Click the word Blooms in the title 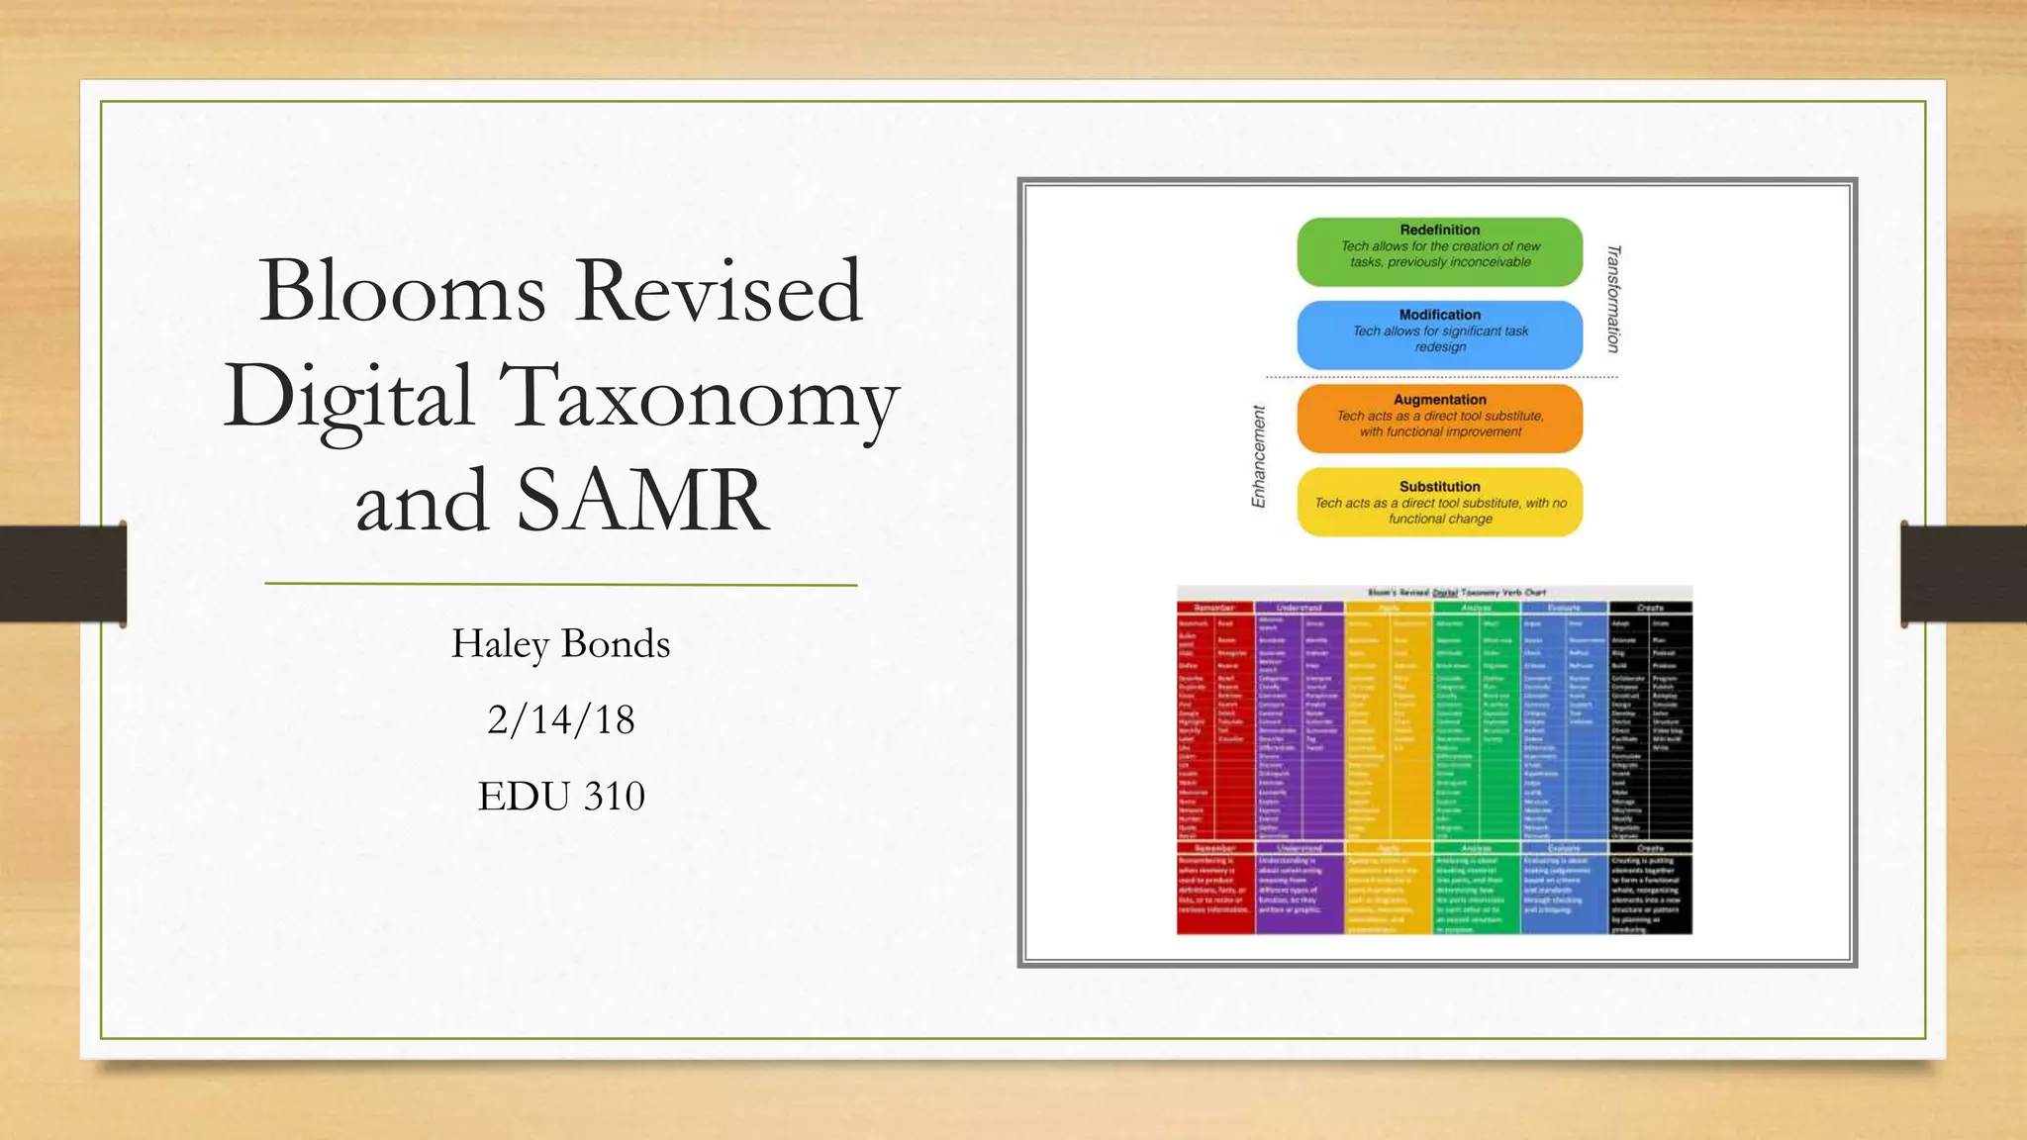click(x=402, y=291)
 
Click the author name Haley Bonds click(x=560, y=644)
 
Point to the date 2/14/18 click(x=560, y=719)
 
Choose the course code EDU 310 click(x=560, y=796)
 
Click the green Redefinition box click(x=1439, y=251)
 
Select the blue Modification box click(x=1439, y=335)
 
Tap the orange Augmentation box click(x=1439, y=419)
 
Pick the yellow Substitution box click(x=1439, y=503)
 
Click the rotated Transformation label click(x=1613, y=299)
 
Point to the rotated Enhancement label click(x=1259, y=457)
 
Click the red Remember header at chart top click(x=1214, y=608)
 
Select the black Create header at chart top click(x=1650, y=608)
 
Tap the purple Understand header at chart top click(x=1299, y=608)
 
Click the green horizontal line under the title click(x=560, y=585)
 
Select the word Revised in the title click(x=719, y=291)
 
